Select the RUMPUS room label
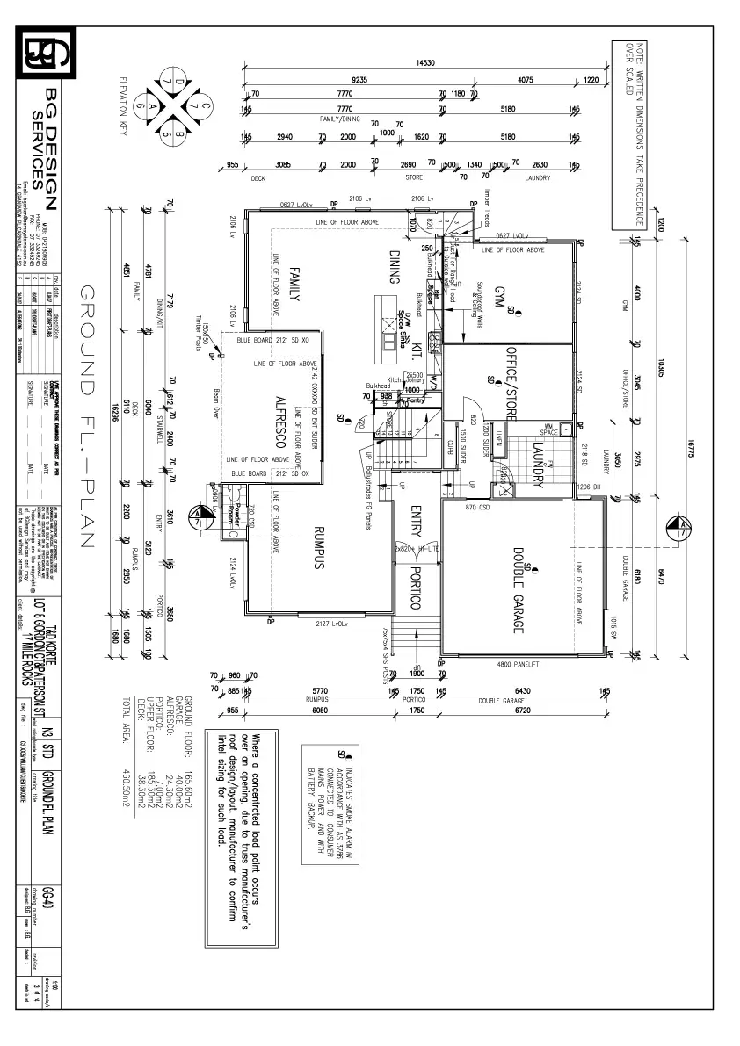[x=320, y=549]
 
